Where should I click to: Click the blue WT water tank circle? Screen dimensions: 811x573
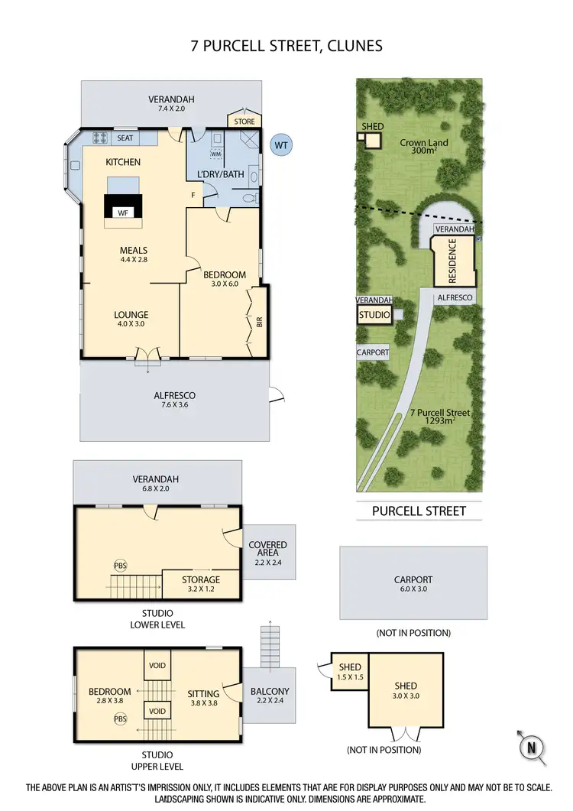coord(282,144)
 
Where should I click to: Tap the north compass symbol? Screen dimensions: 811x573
coord(533,746)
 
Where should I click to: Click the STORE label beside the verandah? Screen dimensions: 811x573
coord(244,120)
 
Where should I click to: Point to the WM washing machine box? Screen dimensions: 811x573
coord(215,154)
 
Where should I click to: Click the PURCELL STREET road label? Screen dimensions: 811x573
coord(419,511)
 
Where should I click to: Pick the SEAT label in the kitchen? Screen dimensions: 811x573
coord(125,138)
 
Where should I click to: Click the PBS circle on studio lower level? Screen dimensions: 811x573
coord(120,566)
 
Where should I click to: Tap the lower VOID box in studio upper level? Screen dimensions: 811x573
coord(157,711)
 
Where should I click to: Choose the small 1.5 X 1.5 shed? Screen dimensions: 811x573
coord(350,672)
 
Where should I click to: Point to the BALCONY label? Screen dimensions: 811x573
coord(269,691)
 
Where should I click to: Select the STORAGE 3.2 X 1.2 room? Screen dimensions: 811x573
coord(200,584)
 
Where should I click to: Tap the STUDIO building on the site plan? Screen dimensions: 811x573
coord(375,314)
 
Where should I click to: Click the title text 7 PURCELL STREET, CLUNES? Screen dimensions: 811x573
coord(286,46)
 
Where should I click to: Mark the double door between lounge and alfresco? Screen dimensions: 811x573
coord(146,355)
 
